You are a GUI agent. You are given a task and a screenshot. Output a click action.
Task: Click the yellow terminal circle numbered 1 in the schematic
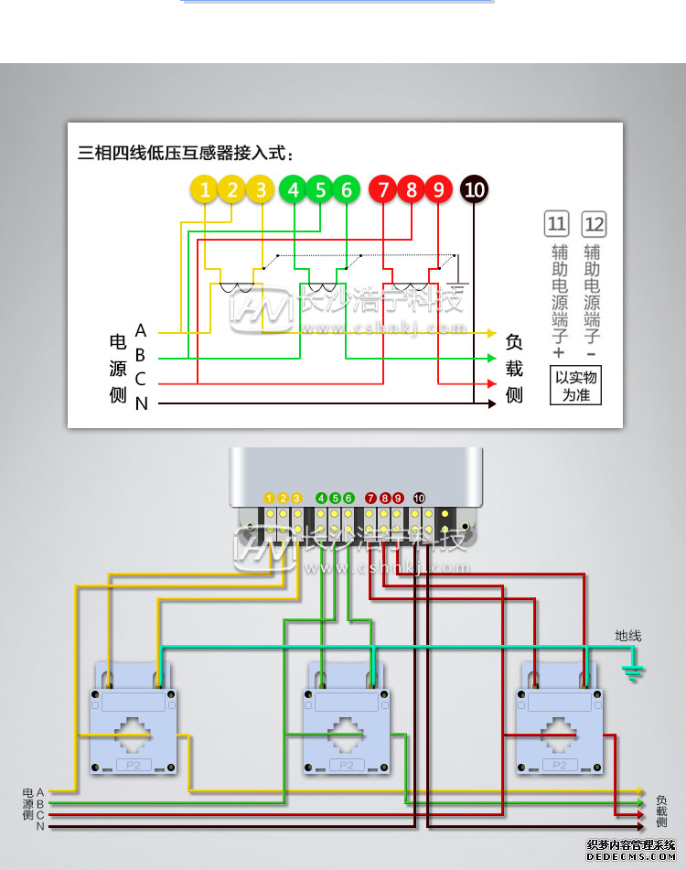(x=206, y=189)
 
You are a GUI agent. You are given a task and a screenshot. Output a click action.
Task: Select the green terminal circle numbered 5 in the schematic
(x=320, y=189)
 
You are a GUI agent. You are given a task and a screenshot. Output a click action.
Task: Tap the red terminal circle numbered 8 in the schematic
(x=411, y=189)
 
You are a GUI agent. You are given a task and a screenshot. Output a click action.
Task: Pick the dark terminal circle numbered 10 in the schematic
(x=474, y=189)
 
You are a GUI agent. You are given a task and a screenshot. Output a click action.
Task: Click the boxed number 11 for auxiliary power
(x=556, y=223)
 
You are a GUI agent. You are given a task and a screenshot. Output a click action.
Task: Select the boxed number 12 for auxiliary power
(x=594, y=223)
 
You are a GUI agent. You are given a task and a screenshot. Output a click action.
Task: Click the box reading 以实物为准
(x=575, y=386)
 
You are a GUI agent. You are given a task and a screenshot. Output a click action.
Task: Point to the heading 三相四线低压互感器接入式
(x=187, y=153)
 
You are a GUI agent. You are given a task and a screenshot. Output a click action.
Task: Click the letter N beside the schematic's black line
(x=141, y=403)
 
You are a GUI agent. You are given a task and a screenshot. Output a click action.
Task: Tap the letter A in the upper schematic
(x=141, y=330)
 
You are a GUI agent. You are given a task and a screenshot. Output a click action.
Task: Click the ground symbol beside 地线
(x=632, y=673)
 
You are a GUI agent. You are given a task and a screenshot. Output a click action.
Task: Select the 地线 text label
(x=628, y=636)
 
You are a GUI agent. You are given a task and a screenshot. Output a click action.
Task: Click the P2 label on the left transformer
(x=133, y=765)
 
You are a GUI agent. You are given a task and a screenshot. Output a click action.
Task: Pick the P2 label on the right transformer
(x=560, y=765)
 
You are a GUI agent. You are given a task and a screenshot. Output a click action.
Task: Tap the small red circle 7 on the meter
(x=370, y=498)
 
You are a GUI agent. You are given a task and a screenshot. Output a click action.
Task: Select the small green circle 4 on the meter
(x=321, y=498)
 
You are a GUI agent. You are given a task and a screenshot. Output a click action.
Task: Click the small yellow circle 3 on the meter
(x=296, y=498)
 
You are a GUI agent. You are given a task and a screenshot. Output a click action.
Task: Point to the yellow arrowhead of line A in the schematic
(x=491, y=333)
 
